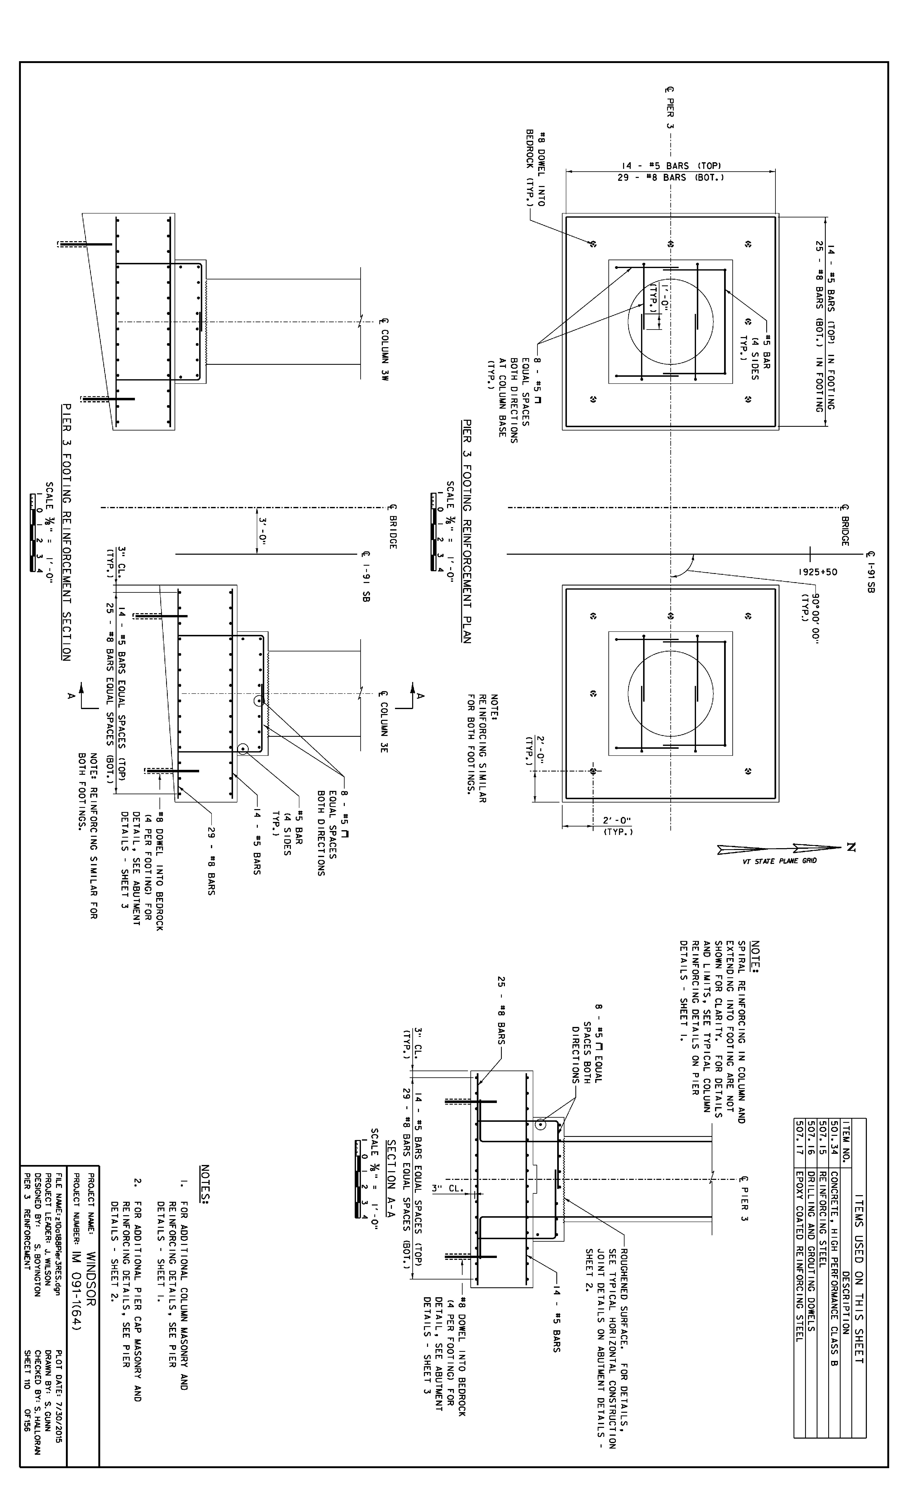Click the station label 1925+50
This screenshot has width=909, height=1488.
coord(818,571)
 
